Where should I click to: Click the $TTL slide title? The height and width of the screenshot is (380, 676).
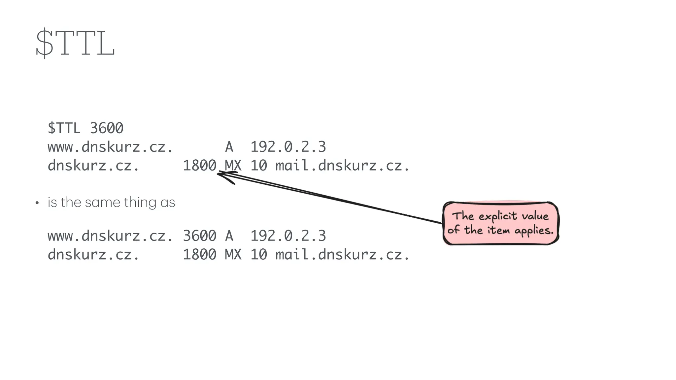75,43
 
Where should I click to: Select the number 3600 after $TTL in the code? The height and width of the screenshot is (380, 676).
107,128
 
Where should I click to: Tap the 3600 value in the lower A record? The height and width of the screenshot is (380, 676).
200,236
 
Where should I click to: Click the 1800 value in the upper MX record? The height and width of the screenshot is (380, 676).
200,165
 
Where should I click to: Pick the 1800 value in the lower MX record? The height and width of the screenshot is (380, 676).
200,254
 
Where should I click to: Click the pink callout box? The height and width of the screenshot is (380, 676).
500,223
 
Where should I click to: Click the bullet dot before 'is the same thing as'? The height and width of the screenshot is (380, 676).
37,203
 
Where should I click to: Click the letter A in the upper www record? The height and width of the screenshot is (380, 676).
229,147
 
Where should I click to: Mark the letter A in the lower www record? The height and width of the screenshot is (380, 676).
229,236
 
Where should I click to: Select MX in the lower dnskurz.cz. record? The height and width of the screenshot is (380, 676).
233,254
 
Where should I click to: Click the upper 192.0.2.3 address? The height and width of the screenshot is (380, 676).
288,147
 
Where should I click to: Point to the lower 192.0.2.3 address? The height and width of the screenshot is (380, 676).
288,236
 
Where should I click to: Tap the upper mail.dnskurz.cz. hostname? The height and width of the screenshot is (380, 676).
343,165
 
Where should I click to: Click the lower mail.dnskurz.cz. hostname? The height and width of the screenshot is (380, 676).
343,254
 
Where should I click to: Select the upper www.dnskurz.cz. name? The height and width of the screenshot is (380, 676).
110,147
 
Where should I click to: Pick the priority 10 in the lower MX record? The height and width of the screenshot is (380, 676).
259,254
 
